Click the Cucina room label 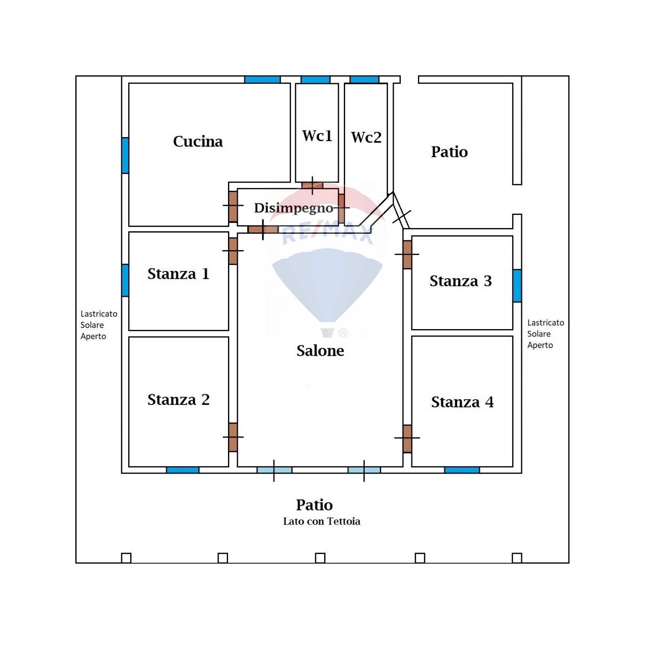pyautogui.click(x=198, y=142)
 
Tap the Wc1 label pyautogui.click(x=317, y=136)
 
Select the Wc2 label pyautogui.click(x=366, y=138)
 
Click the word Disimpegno pyautogui.click(x=294, y=208)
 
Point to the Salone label pyautogui.click(x=320, y=351)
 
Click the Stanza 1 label pyautogui.click(x=178, y=274)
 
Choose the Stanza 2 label pyautogui.click(x=178, y=400)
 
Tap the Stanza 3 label pyautogui.click(x=460, y=281)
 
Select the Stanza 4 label pyautogui.click(x=462, y=402)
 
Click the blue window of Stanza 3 pyautogui.click(x=517, y=286)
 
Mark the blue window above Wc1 pyautogui.click(x=315, y=79)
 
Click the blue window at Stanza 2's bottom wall pyautogui.click(x=183, y=470)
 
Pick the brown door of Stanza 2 pyautogui.click(x=233, y=437)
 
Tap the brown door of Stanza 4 pyautogui.click(x=407, y=438)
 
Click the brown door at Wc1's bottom pyautogui.click(x=312, y=185)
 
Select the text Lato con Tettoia pyautogui.click(x=321, y=522)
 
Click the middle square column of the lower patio pyautogui.click(x=320, y=558)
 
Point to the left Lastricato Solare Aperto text pyautogui.click(x=98, y=325)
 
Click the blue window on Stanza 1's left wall pyautogui.click(x=125, y=280)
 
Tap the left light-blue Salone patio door pyautogui.click(x=274, y=470)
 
